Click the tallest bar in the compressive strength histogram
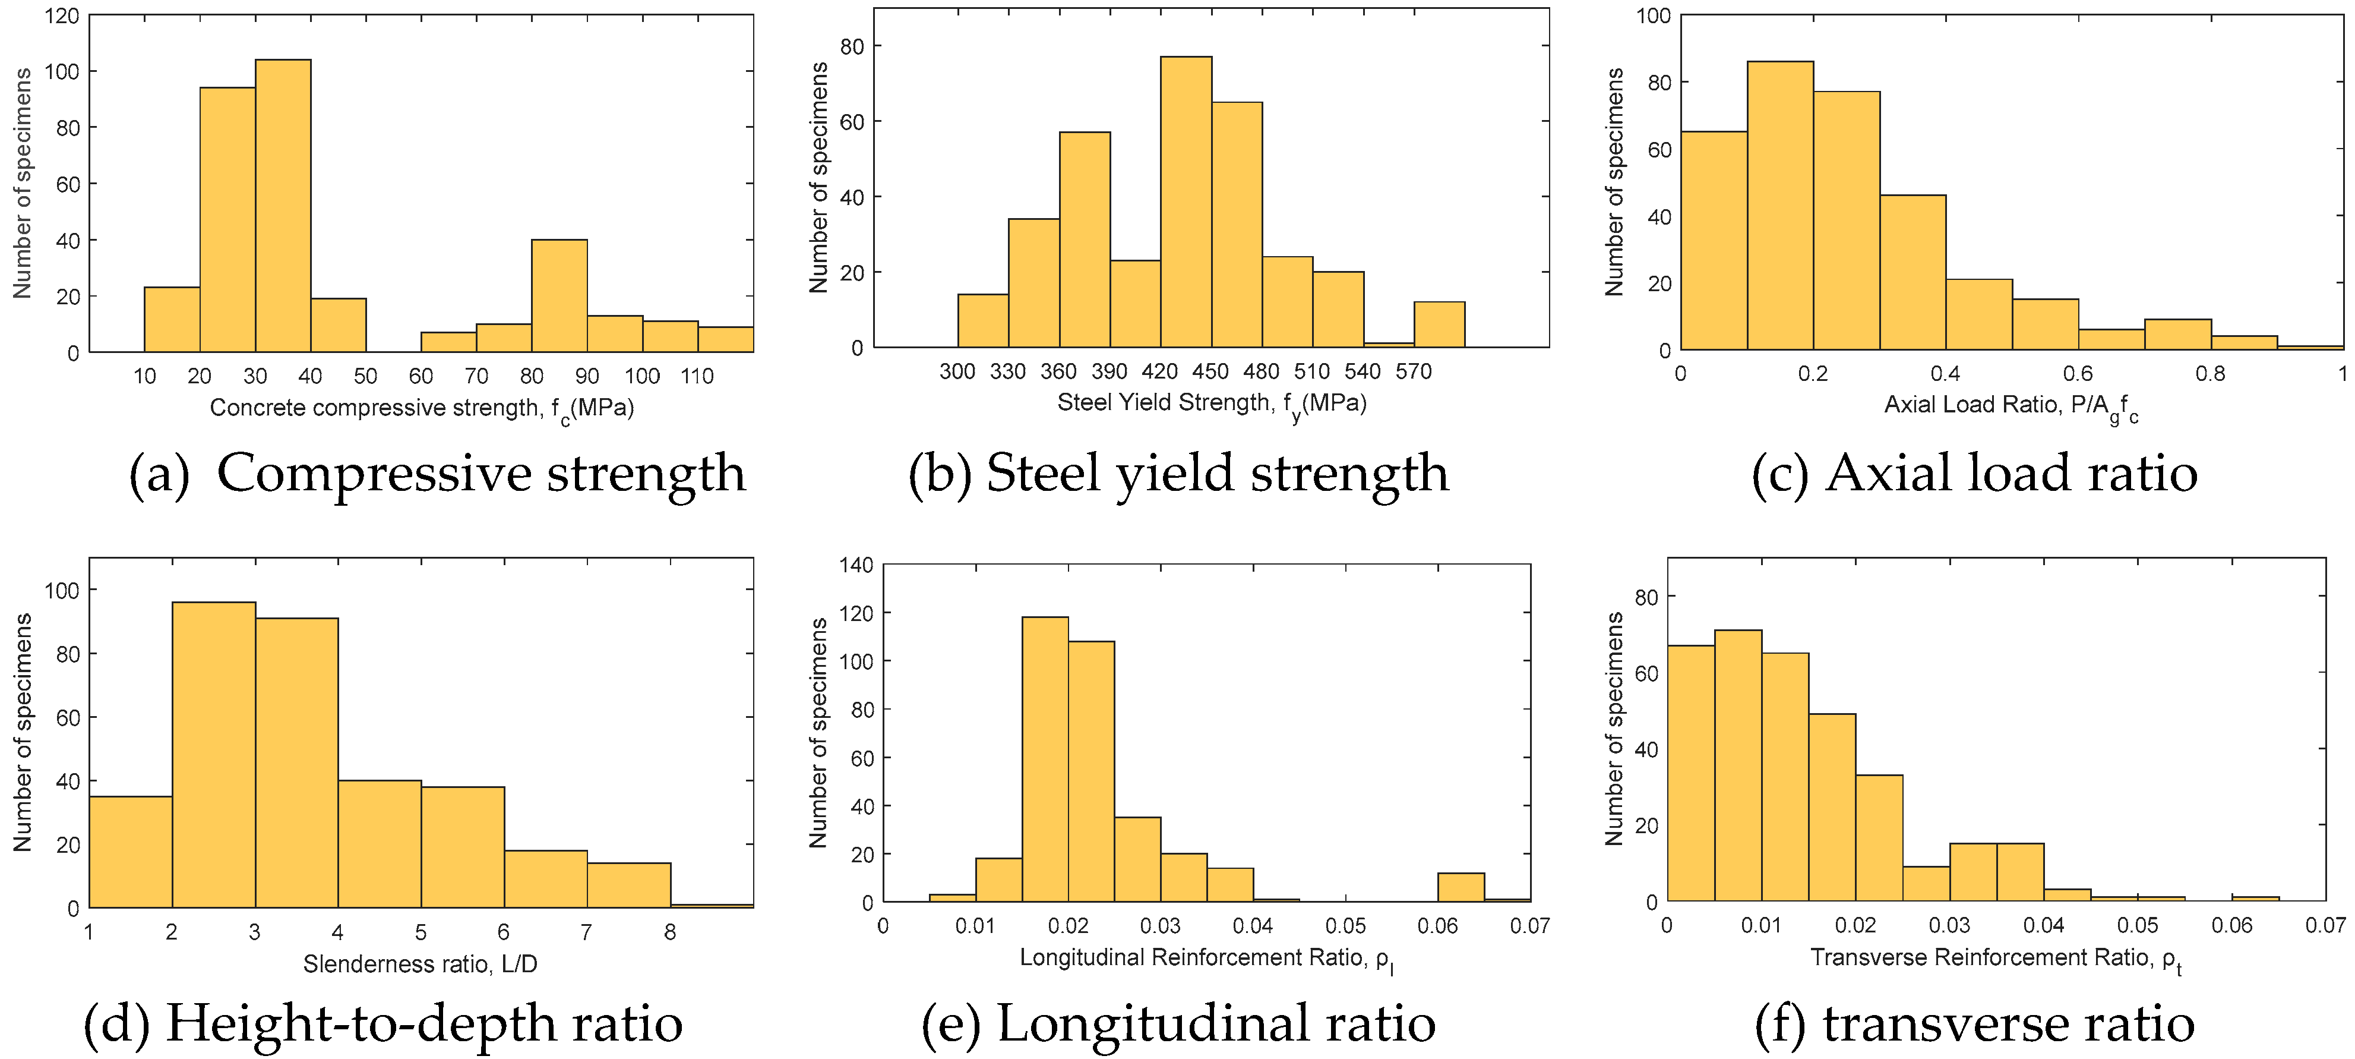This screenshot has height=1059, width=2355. click(283, 206)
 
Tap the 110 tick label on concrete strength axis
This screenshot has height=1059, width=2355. click(697, 376)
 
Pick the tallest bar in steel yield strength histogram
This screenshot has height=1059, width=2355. click(1186, 202)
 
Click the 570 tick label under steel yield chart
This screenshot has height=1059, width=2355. click(1414, 371)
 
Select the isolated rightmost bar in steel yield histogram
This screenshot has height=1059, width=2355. click(1439, 324)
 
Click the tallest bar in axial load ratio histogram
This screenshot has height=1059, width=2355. click(1780, 206)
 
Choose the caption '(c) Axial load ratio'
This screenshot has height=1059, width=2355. click(1975, 474)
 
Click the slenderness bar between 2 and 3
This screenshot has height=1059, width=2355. click(214, 755)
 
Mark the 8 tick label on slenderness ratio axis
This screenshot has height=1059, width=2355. click(670, 932)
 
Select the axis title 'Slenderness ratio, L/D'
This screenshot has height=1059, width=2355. click(421, 964)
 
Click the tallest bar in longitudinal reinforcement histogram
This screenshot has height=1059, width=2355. click(1045, 759)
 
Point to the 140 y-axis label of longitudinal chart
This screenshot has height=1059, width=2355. click(856, 565)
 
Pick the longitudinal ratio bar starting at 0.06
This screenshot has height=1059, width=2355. click(1460, 887)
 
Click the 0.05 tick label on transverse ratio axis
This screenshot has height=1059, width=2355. click(2138, 925)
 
